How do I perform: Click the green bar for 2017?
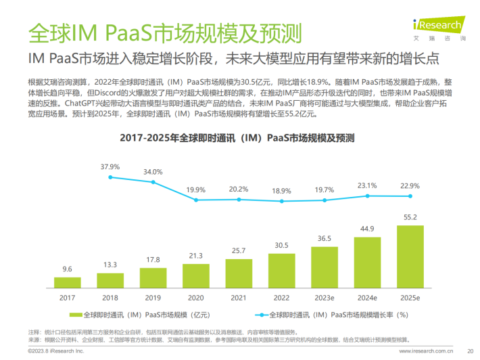pos(68,281)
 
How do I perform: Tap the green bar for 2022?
pos(282,269)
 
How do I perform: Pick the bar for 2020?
pos(196,273)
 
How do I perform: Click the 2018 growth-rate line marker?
pos(110,177)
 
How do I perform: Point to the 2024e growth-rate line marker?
pos(368,196)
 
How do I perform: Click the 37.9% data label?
pos(110,166)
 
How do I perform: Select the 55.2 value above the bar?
pos(410,217)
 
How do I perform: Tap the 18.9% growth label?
pos(282,191)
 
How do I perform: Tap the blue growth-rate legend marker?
pos(260,314)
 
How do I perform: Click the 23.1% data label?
pos(368,185)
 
